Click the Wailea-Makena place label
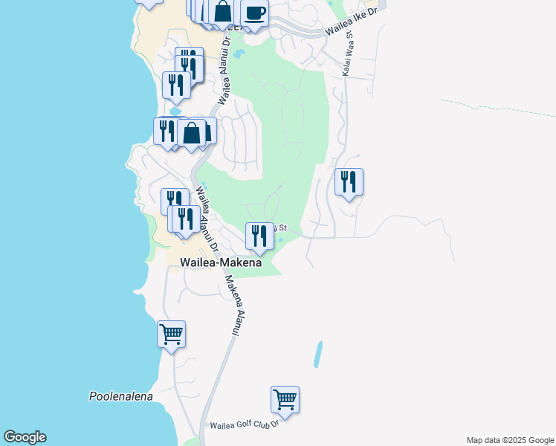pyautogui.click(x=221, y=263)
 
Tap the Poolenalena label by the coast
pyautogui.click(x=120, y=396)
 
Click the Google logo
pyautogui.click(x=25, y=437)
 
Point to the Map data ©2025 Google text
pyautogui.click(x=509, y=440)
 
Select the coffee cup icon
pyautogui.click(x=255, y=13)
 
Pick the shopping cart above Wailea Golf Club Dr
pyautogui.click(x=285, y=399)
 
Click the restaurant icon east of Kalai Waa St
pyautogui.click(x=349, y=181)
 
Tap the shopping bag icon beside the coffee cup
pyautogui.click(x=222, y=13)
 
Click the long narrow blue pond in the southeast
pyautogui.click(x=318, y=354)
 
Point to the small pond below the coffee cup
pyautogui.click(x=238, y=54)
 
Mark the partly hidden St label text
pyautogui.click(x=282, y=228)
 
